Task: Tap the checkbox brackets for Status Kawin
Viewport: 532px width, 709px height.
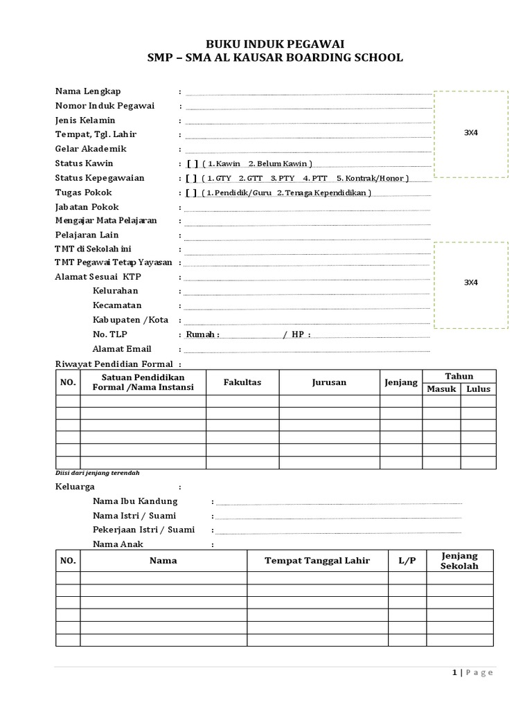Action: coord(192,163)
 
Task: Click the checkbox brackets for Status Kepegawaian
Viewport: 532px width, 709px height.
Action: coord(192,178)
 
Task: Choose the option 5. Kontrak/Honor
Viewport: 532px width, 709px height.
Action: coord(373,178)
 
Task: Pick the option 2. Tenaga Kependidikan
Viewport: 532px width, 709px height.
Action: coord(323,192)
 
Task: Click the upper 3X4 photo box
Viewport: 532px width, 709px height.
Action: coord(470,133)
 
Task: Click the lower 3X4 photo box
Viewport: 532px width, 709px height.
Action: coord(470,282)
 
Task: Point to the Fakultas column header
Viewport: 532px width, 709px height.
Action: coord(242,382)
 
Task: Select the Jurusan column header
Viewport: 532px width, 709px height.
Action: coord(329,382)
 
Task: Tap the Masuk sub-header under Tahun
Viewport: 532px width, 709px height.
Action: coord(441,389)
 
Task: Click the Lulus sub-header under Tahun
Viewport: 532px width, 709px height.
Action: coord(478,389)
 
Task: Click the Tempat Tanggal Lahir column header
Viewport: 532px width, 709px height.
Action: coord(317,561)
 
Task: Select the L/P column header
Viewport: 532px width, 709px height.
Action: coord(407,561)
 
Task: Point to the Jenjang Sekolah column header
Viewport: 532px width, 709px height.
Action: coord(459,561)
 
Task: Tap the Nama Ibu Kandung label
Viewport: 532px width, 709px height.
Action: coord(135,501)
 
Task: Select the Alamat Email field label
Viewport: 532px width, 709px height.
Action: coord(122,349)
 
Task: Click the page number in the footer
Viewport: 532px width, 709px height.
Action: coord(454,673)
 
